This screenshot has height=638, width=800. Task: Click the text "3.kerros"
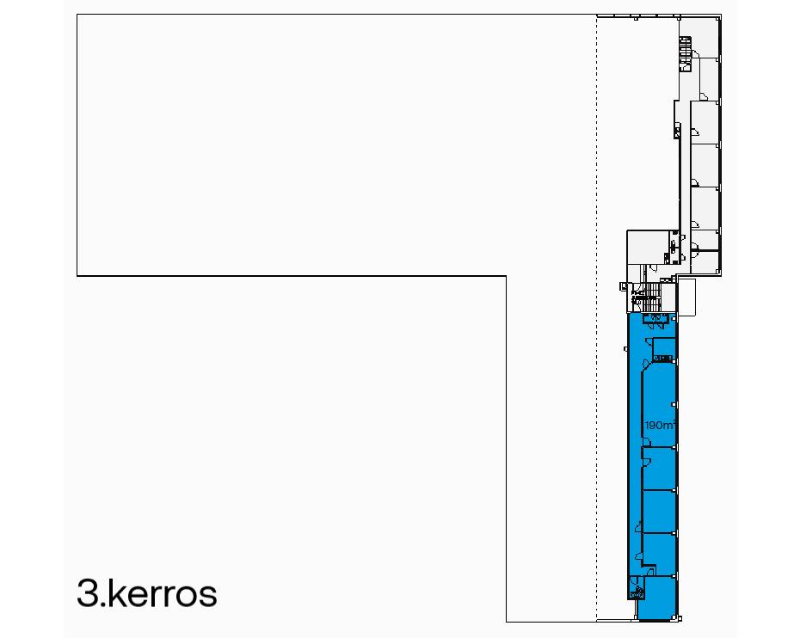click(147, 593)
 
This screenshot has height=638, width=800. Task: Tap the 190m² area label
click(660, 425)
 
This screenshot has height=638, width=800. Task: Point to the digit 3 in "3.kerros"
click(87, 593)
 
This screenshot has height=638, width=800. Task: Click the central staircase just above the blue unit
click(650, 297)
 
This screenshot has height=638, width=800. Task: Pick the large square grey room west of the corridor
click(648, 248)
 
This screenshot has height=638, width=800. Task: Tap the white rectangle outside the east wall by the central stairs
click(686, 297)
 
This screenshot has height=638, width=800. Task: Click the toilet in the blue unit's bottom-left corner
click(637, 591)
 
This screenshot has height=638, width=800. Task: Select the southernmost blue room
click(658, 598)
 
